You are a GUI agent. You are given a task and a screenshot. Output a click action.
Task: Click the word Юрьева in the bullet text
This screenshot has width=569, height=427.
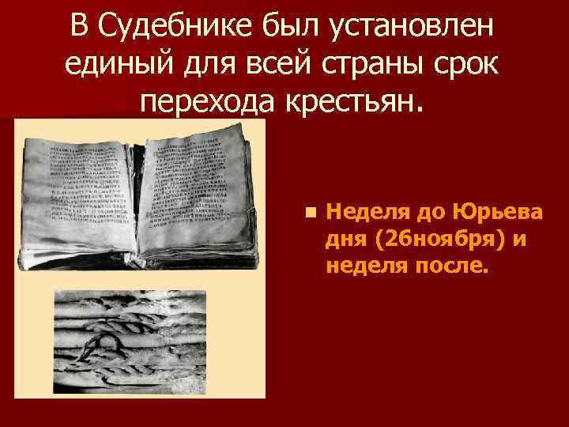496,212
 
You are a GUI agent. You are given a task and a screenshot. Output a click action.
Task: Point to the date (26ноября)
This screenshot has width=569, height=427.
437,239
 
